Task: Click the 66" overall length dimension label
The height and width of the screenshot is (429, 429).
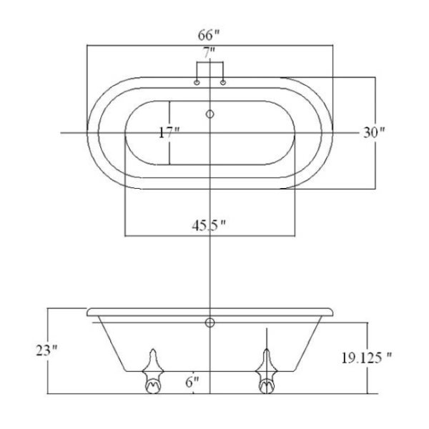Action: pyautogui.click(x=209, y=35)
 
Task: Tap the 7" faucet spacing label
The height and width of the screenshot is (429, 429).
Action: pyautogui.click(x=209, y=52)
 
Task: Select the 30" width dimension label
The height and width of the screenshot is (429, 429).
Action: pyautogui.click(x=374, y=133)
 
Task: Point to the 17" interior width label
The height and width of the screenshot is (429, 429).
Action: pyautogui.click(x=169, y=133)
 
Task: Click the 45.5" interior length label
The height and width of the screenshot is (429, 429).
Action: pyautogui.click(x=209, y=226)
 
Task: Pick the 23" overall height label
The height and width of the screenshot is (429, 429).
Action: pyautogui.click(x=46, y=350)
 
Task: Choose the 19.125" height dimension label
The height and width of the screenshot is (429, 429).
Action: pyautogui.click(x=366, y=358)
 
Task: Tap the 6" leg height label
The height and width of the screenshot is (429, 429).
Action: pyautogui.click(x=192, y=382)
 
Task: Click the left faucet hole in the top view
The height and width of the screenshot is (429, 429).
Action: pyautogui.click(x=197, y=82)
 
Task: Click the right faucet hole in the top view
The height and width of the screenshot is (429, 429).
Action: pyautogui.click(x=223, y=82)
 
